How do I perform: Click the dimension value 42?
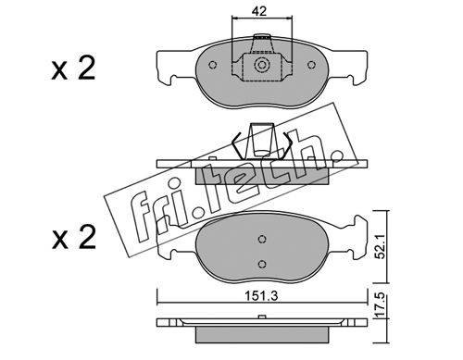[x=259, y=11]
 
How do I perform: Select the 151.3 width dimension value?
[x=261, y=296]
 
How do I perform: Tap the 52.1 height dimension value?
[x=382, y=246]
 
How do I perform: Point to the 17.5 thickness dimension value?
[x=382, y=305]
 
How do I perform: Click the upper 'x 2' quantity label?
[x=73, y=68]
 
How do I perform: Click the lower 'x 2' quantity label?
[x=73, y=237]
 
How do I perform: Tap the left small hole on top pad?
[x=212, y=65]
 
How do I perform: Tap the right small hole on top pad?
[x=311, y=65]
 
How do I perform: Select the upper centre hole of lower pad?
[x=262, y=239]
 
